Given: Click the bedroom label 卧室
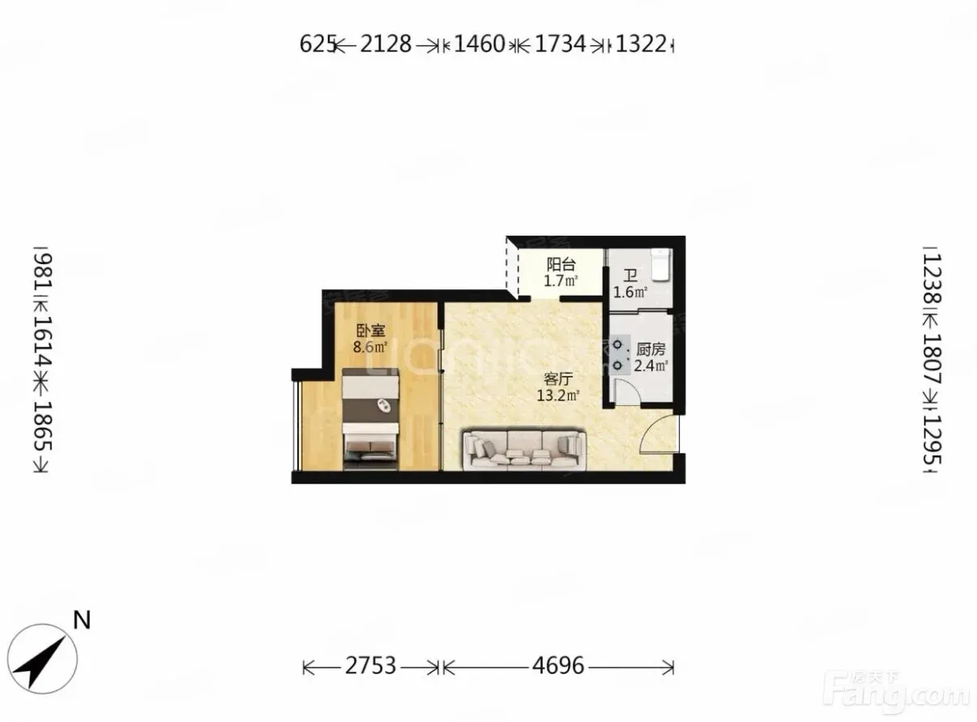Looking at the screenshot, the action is point(370,331).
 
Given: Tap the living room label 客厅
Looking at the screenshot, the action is point(558,378).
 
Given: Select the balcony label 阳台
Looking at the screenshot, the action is point(561,264).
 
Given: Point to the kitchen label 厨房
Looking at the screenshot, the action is point(651,349).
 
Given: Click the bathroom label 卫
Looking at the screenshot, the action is point(630,276).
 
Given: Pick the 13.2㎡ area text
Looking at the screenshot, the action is point(558,395).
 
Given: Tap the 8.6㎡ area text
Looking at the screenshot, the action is point(370,347).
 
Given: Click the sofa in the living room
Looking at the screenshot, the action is point(524,449).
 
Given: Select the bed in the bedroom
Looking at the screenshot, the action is point(371,420).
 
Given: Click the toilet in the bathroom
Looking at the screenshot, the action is point(660,264).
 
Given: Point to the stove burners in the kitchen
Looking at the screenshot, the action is point(618,354).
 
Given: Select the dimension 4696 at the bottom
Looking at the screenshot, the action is point(557,665).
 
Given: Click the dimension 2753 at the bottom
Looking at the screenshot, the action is point(370,665).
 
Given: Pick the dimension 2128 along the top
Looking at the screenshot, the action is point(386,44).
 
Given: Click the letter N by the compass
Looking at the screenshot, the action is point(82,621).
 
